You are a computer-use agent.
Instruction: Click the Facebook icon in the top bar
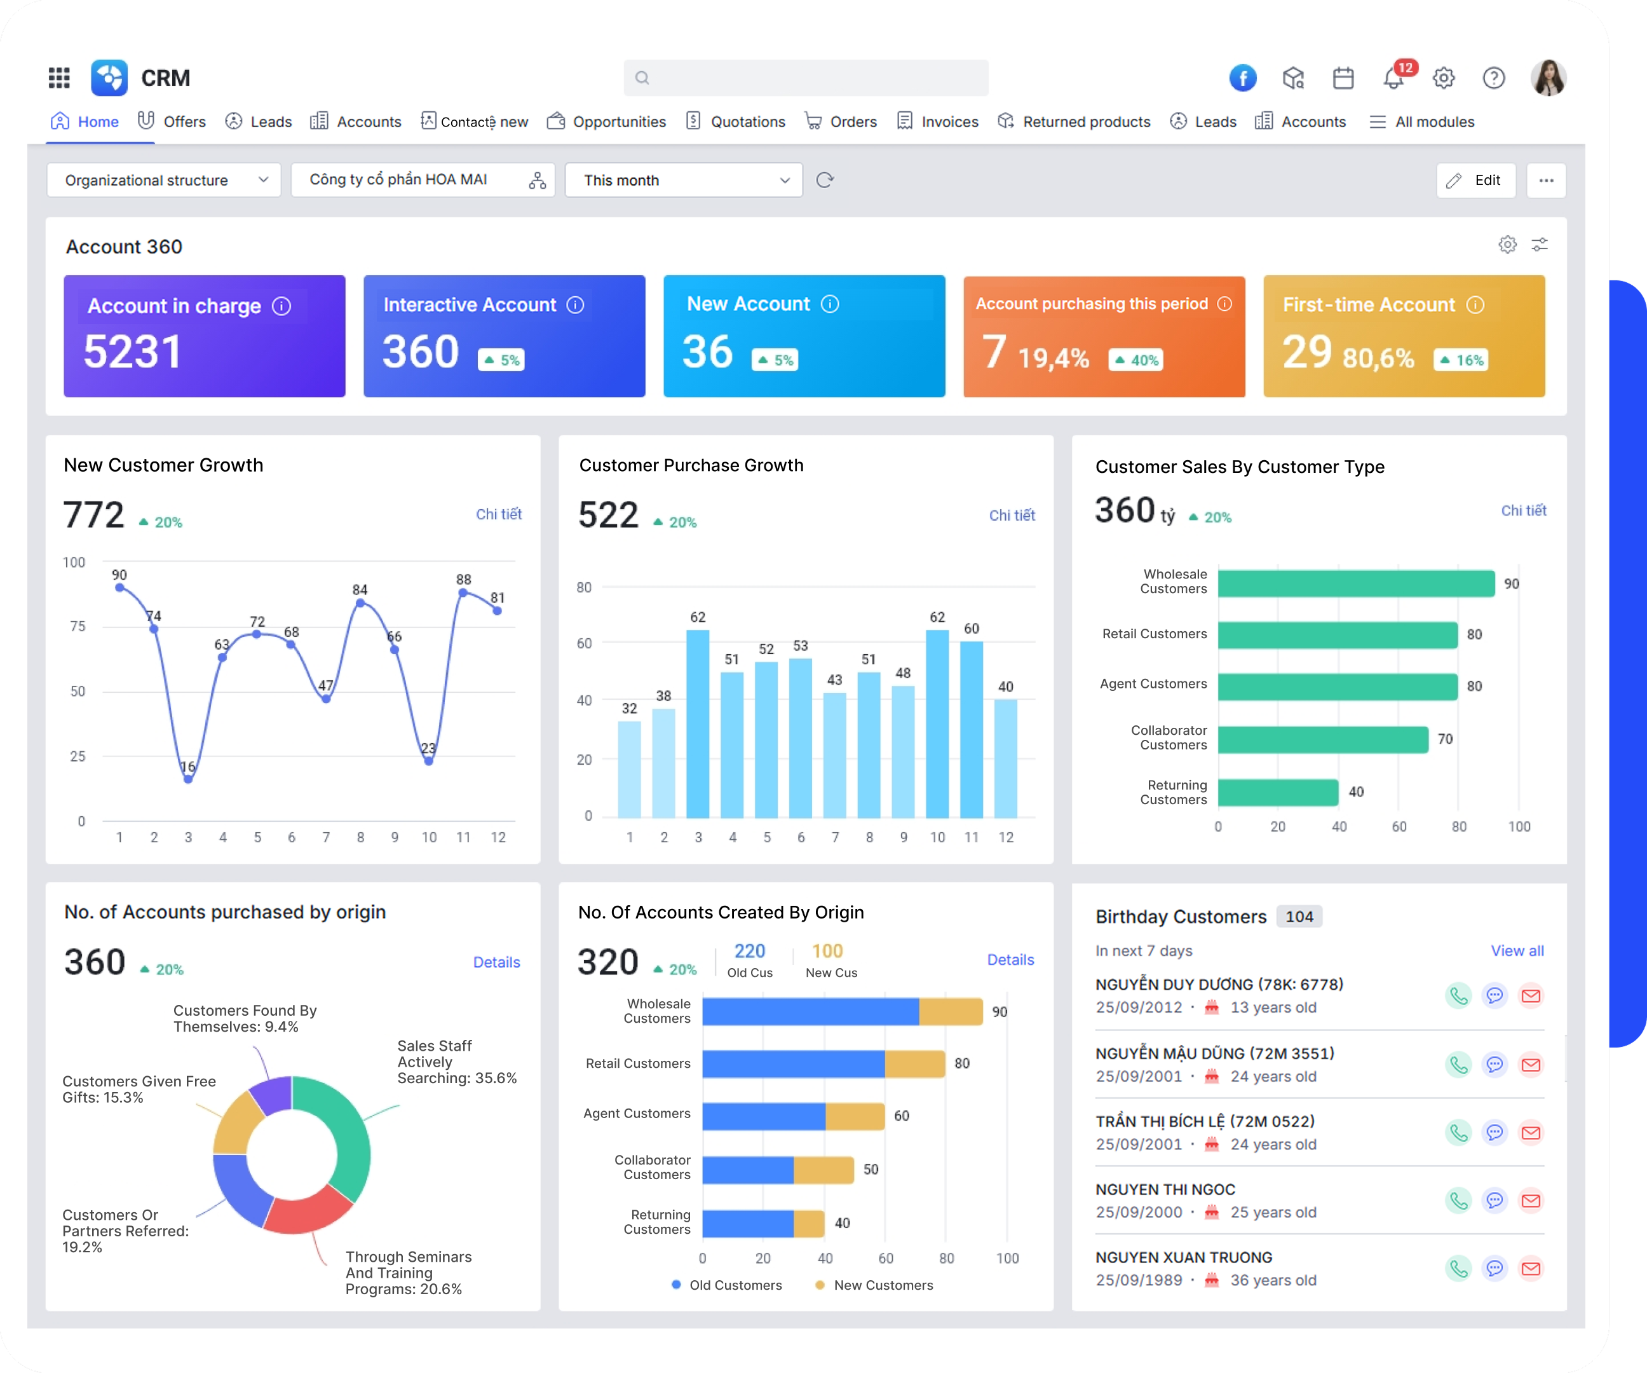(1242, 78)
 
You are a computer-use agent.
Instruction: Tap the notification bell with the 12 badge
(1393, 78)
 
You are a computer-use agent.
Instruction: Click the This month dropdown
(683, 181)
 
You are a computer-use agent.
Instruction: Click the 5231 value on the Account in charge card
(133, 352)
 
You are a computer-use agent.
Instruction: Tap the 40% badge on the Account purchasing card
(1135, 360)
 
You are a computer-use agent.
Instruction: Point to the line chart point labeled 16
(188, 779)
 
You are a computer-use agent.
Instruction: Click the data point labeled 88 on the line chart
(463, 593)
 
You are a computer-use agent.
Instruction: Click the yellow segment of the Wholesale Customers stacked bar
(950, 1012)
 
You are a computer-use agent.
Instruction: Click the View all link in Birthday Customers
(1517, 951)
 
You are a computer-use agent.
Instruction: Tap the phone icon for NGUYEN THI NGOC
(1458, 1200)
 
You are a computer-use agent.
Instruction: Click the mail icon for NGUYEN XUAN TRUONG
(1531, 1269)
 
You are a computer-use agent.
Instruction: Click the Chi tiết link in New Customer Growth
(499, 514)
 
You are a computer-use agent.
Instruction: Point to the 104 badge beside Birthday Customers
(1299, 917)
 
